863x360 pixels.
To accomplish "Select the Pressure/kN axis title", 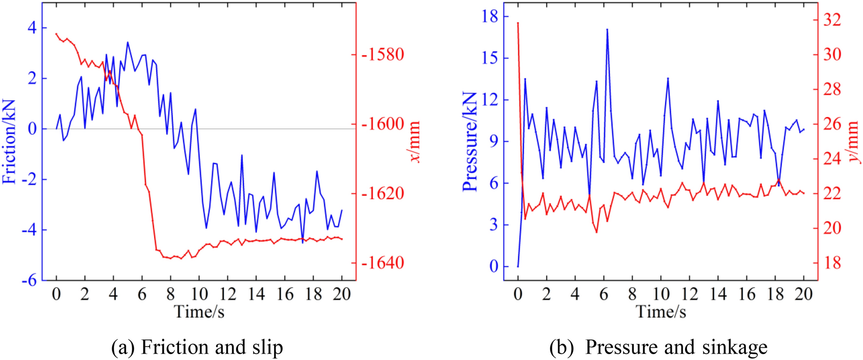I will click(x=470, y=141).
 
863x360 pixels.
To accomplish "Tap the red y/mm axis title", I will click(x=853, y=141).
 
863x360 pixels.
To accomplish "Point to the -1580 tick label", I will click(x=383, y=54).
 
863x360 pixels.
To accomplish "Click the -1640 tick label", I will click(x=383, y=263).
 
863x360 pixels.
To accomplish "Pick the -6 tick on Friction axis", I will click(x=29, y=280).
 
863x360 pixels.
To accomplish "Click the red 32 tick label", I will click(x=832, y=20).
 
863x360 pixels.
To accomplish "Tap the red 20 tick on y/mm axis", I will click(x=832, y=228).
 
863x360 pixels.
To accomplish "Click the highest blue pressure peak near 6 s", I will click(x=607, y=29).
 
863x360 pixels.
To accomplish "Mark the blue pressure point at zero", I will click(x=518, y=266).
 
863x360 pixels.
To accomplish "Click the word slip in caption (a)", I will click(x=267, y=347).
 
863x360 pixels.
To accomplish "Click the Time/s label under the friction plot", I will click(x=199, y=312).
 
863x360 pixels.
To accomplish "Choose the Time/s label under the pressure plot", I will click(x=661, y=312).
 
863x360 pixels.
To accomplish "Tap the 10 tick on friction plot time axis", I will click(x=199, y=294).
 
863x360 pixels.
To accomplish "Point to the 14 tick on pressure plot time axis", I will click(x=718, y=294).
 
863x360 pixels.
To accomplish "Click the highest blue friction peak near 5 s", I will click(x=128, y=42).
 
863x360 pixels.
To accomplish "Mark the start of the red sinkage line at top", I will click(x=518, y=22).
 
